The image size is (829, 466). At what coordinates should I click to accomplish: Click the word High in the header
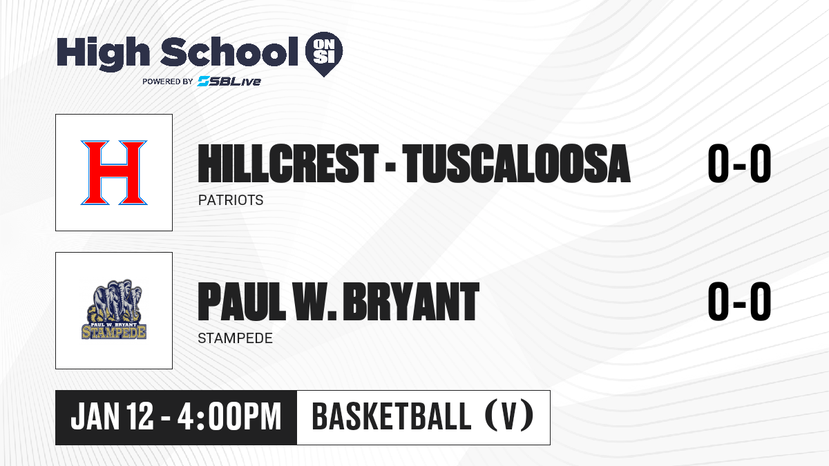click(103, 53)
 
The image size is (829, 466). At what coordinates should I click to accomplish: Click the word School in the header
click(229, 51)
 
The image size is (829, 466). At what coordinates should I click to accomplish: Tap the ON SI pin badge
click(324, 54)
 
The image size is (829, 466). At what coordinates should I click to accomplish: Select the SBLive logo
click(229, 81)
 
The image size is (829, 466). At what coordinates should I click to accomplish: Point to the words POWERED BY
click(168, 81)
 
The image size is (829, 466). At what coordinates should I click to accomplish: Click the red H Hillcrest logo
click(114, 173)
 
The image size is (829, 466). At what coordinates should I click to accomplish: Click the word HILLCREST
click(288, 164)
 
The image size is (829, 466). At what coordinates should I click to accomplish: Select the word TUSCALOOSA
click(516, 164)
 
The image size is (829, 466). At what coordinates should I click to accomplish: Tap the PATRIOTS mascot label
click(231, 200)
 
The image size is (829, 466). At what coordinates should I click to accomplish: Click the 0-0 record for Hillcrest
click(739, 163)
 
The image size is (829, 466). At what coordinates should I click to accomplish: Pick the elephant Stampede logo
click(114, 309)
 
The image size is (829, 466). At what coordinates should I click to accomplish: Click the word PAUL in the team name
click(242, 302)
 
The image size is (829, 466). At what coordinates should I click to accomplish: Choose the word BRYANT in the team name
click(411, 302)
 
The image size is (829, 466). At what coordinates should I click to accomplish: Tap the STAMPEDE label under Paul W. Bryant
click(235, 338)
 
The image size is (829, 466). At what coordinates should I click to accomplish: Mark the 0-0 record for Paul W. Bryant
click(739, 301)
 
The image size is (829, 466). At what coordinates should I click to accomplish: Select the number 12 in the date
click(140, 416)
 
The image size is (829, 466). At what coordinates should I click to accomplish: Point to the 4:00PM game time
click(229, 416)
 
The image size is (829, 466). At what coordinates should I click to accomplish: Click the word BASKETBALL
click(391, 416)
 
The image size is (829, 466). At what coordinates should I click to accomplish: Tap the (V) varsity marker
click(509, 416)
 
